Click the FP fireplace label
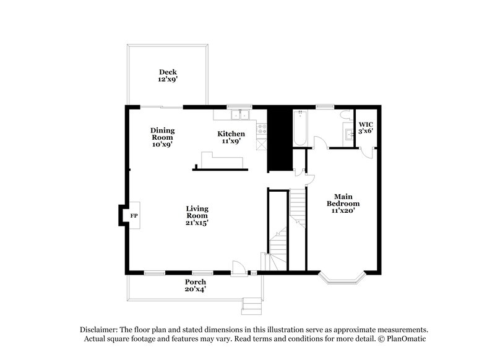pos(134,216)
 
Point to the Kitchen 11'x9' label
pos(231,137)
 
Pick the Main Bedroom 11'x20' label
pos(343,203)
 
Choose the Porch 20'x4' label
pos(196,286)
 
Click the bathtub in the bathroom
pos(300,128)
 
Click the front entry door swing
pos(237,267)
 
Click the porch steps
pos(251,304)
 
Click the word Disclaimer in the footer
pos(100,330)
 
